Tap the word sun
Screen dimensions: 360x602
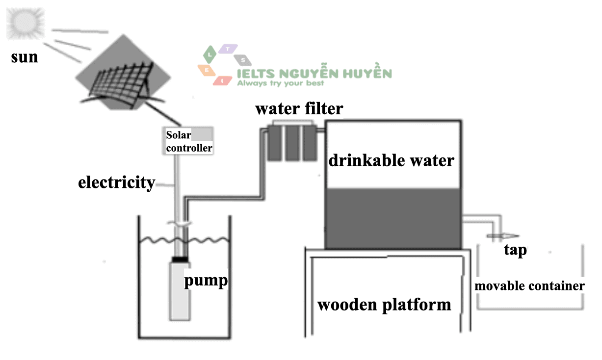click(x=25, y=56)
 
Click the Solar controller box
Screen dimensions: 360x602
click(x=189, y=141)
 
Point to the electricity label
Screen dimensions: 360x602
click(x=117, y=183)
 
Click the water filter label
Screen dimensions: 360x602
click(x=299, y=108)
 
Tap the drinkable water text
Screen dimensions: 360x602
click(x=391, y=160)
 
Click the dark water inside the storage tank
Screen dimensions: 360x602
click(x=393, y=218)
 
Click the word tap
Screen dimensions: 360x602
click(x=515, y=251)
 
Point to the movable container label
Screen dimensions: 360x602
click(x=529, y=285)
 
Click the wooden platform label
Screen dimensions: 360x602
click(x=384, y=305)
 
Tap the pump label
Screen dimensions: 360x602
click(x=206, y=281)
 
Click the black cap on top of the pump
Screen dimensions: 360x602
click(x=179, y=258)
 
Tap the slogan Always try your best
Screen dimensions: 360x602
click(x=281, y=83)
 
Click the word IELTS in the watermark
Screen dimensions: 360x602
click(x=255, y=74)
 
